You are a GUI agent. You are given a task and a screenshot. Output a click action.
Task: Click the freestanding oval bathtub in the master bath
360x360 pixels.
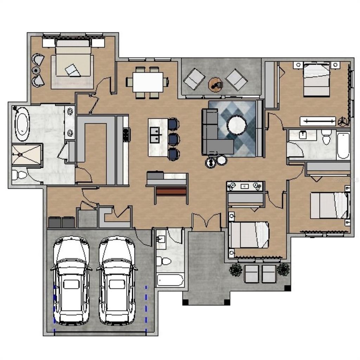[22, 124]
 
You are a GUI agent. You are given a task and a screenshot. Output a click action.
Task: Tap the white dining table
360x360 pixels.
[148, 82]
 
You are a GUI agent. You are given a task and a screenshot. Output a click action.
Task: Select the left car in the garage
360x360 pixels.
[71, 279]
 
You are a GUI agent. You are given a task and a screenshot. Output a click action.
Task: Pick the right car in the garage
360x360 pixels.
[117, 279]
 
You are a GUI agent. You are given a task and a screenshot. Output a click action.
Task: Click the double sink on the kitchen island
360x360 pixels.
[155, 135]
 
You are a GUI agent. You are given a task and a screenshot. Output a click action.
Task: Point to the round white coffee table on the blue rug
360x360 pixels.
[237, 125]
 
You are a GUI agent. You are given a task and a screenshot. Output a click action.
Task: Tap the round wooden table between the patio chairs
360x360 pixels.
[215, 84]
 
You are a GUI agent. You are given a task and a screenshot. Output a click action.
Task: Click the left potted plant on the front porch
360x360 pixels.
[235, 270]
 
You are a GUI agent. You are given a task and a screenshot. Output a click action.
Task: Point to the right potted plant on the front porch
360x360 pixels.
[283, 269]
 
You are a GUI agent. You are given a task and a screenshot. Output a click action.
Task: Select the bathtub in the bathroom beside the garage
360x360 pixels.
[170, 280]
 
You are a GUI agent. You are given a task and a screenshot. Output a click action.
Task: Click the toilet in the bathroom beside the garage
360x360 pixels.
[164, 261]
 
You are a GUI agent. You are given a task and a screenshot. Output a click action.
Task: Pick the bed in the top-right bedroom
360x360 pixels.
[316, 79]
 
